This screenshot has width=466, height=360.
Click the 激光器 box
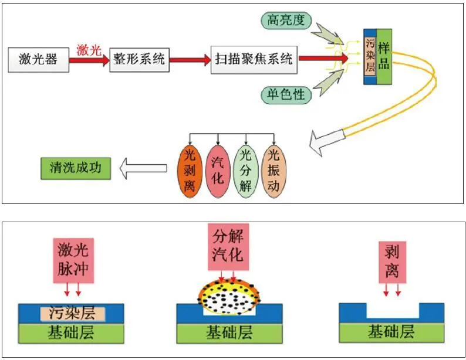(38, 59)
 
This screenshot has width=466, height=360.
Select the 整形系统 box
(139, 60)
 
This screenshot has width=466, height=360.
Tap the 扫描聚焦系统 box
(254, 60)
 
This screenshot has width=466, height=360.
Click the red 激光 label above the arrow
(89, 50)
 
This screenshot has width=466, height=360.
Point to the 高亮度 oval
(286, 21)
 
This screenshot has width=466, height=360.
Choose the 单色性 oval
(286, 94)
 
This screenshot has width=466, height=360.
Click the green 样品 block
(384, 57)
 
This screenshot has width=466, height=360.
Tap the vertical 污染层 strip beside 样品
(370, 56)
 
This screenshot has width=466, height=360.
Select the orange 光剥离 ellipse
(190, 171)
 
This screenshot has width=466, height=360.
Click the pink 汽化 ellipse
(218, 171)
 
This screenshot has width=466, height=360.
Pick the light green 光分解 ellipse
(245, 171)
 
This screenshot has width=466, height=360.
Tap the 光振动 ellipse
(273, 171)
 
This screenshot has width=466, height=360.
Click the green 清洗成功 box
(76, 168)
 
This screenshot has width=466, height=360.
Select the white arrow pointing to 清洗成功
(143, 168)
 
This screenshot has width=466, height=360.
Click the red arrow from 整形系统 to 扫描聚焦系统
(190, 60)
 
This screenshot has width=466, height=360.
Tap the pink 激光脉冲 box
(73, 260)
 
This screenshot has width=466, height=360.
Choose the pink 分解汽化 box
(228, 247)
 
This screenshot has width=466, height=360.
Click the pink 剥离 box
(392, 262)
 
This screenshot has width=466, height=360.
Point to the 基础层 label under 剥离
(391, 332)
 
